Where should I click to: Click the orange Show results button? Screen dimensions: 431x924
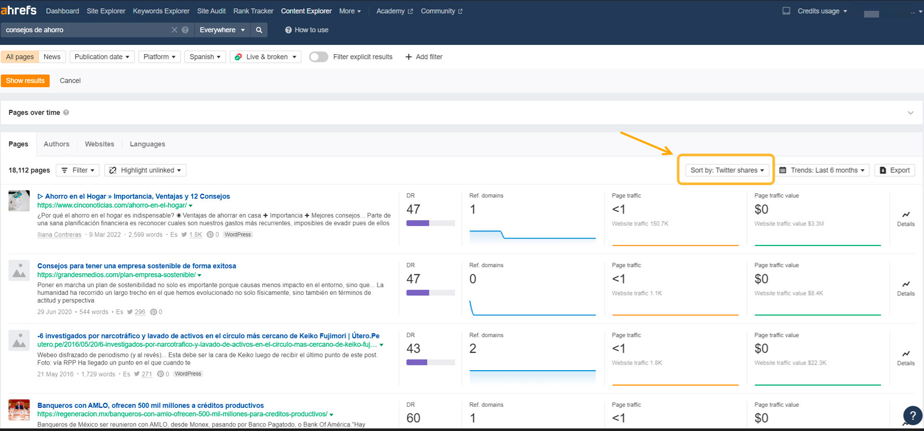click(25, 81)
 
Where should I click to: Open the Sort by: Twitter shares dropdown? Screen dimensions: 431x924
click(727, 170)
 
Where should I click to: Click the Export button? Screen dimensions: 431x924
click(895, 170)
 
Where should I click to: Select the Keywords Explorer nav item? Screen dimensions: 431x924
click(161, 11)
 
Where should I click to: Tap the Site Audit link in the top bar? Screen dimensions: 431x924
click(211, 11)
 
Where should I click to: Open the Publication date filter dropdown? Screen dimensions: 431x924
click(102, 57)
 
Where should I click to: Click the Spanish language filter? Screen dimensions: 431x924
click(204, 57)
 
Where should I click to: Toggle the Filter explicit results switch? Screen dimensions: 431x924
click(318, 57)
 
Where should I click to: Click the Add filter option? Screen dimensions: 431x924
click(424, 57)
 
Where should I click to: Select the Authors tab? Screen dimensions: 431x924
click(56, 144)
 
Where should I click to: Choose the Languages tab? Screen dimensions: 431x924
click(147, 144)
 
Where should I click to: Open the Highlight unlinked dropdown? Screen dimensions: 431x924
click(145, 170)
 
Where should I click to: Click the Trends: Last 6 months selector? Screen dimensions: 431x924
click(824, 170)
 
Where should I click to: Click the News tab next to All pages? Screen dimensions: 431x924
click(52, 57)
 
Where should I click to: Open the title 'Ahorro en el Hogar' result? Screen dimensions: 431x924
click(137, 196)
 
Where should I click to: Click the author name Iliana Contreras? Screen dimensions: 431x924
click(59, 235)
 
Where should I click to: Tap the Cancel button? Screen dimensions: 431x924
click(70, 81)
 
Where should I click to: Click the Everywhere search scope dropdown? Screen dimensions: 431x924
click(222, 30)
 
